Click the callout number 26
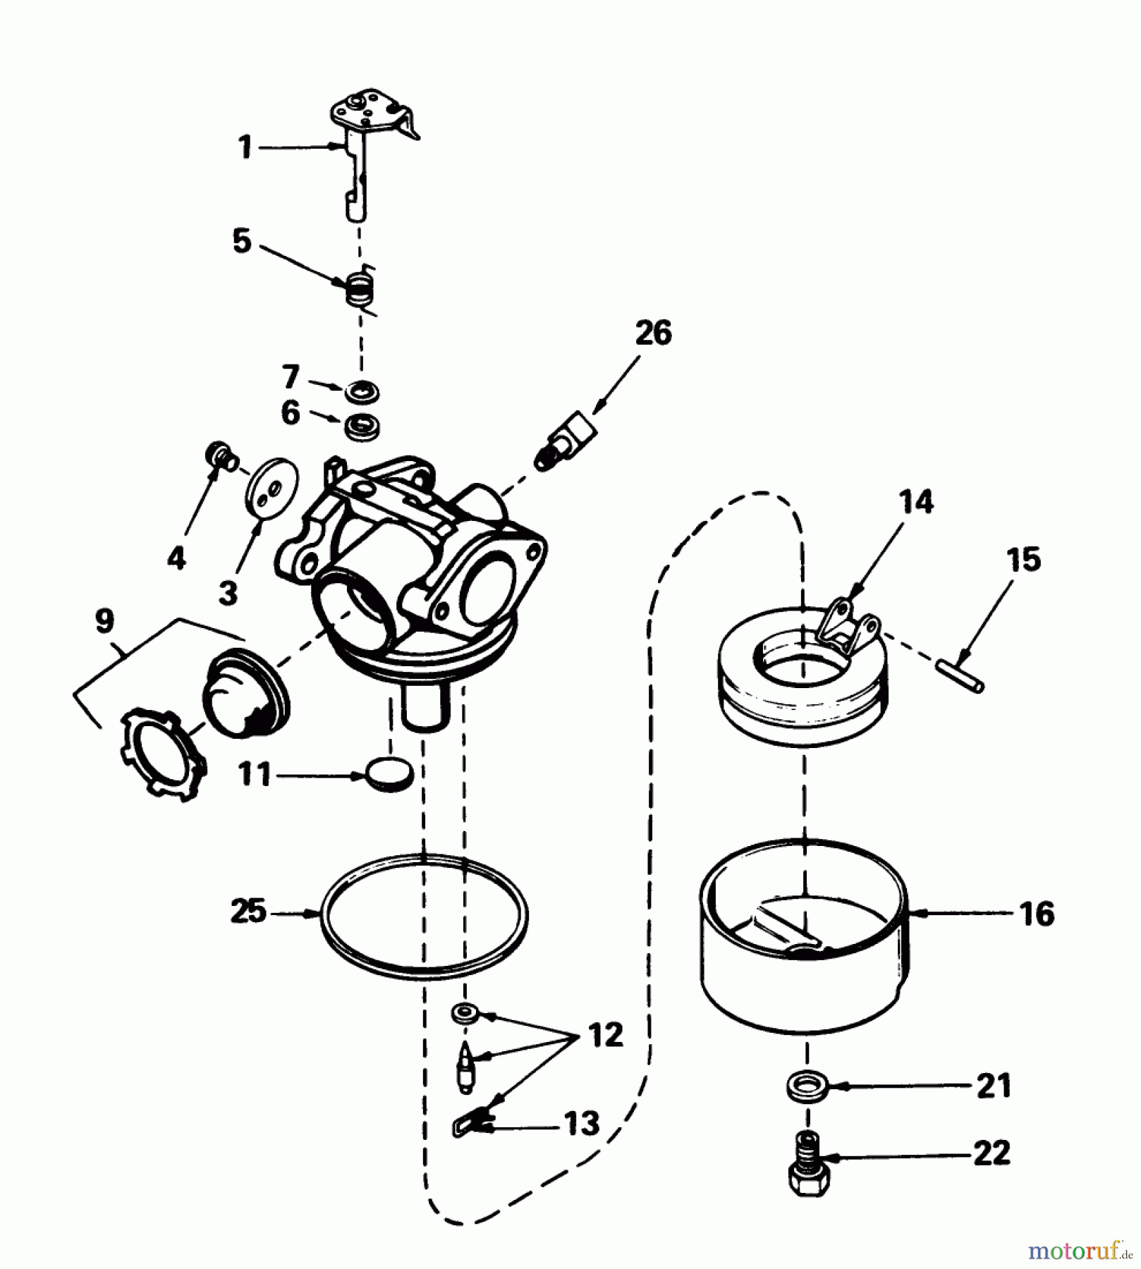(x=653, y=333)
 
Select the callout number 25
(x=248, y=911)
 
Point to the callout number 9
(x=104, y=621)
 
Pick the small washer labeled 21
(x=807, y=1086)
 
